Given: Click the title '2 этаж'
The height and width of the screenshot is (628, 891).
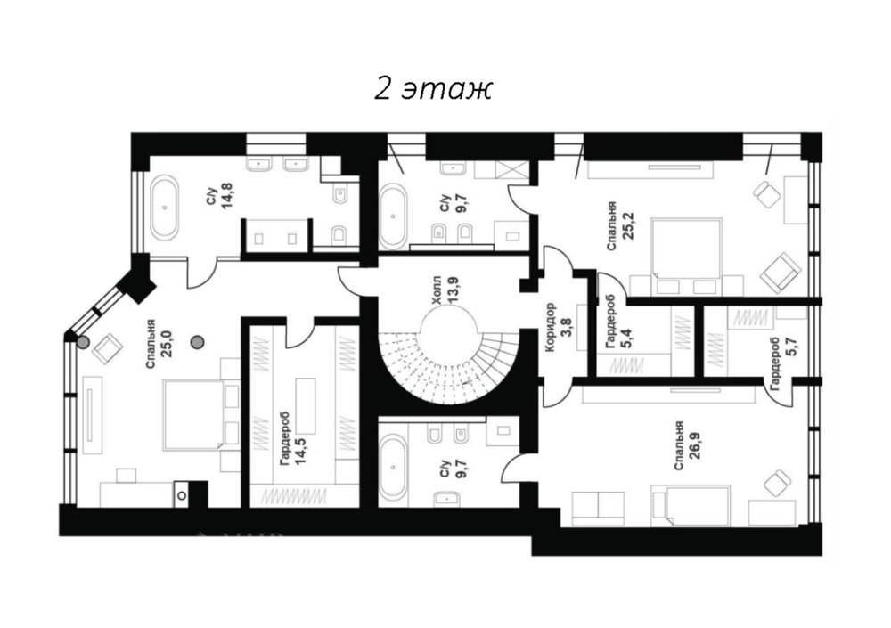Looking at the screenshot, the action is pyautogui.click(x=432, y=89).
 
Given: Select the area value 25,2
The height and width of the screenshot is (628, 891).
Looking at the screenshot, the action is pyautogui.click(x=627, y=225).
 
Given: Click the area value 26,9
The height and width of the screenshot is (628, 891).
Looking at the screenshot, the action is pyautogui.click(x=694, y=446).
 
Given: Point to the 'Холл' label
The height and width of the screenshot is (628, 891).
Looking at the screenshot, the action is pyautogui.click(x=437, y=290).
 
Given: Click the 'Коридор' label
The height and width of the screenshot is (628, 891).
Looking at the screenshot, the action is pyautogui.click(x=549, y=327).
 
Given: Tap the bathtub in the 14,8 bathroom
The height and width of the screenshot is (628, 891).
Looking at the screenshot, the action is pyautogui.click(x=164, y=208).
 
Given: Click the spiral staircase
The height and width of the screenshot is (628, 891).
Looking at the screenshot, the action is pyautogui.click(x=449, y=359).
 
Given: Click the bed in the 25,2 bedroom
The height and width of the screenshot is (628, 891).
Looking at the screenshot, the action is pyautogui.click(x=687, y=248).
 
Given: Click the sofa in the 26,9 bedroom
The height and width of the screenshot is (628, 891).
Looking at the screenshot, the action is pyautogui.click(x=599, y=508).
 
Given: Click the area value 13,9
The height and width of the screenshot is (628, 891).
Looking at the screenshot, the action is pyautogui.click(x=453, y=290).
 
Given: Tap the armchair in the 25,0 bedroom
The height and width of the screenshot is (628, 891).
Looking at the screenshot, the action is pyautogui.click(x=108, y=347).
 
